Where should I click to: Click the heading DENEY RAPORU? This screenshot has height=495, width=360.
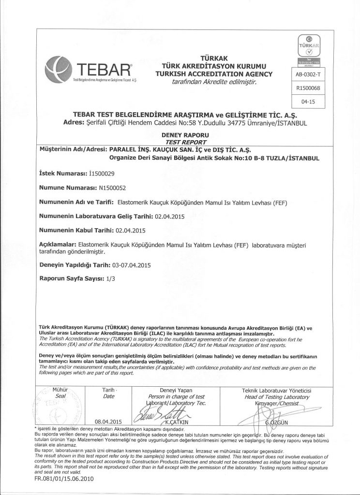tap(179, 135)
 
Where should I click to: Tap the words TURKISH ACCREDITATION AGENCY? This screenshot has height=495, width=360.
tap(214, 74)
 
